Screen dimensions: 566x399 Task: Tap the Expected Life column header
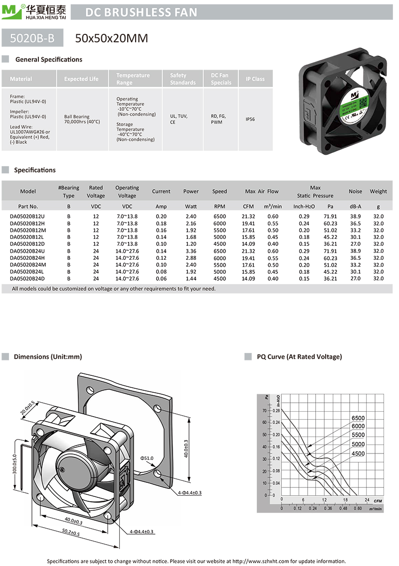pyautogui.click(x=81, y=79)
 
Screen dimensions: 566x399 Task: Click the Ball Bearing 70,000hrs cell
pyautogui.click(x=82, y=119)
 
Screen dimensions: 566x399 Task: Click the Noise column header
pyautogui.click(x=355, y=191)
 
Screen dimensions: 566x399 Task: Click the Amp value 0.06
pyautogui.click(x=161, y=279)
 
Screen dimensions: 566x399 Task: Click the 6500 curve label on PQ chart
pyautogui.click(x=358, y=418)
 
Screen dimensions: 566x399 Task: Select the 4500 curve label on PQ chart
pyautogui.click(x=358, y=453)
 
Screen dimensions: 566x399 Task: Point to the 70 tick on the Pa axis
pyautogui.click(x=264, y=411)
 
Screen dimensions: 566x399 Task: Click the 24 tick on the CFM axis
pyautogui.click(x=367, y=499)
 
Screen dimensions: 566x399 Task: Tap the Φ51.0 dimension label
pyautogui.click(x=147, y=457)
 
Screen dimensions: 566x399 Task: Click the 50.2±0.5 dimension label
pyautogui.click(x=70, y=533)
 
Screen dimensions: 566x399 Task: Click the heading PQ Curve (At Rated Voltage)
pyautogui.click(x=299, y=356)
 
